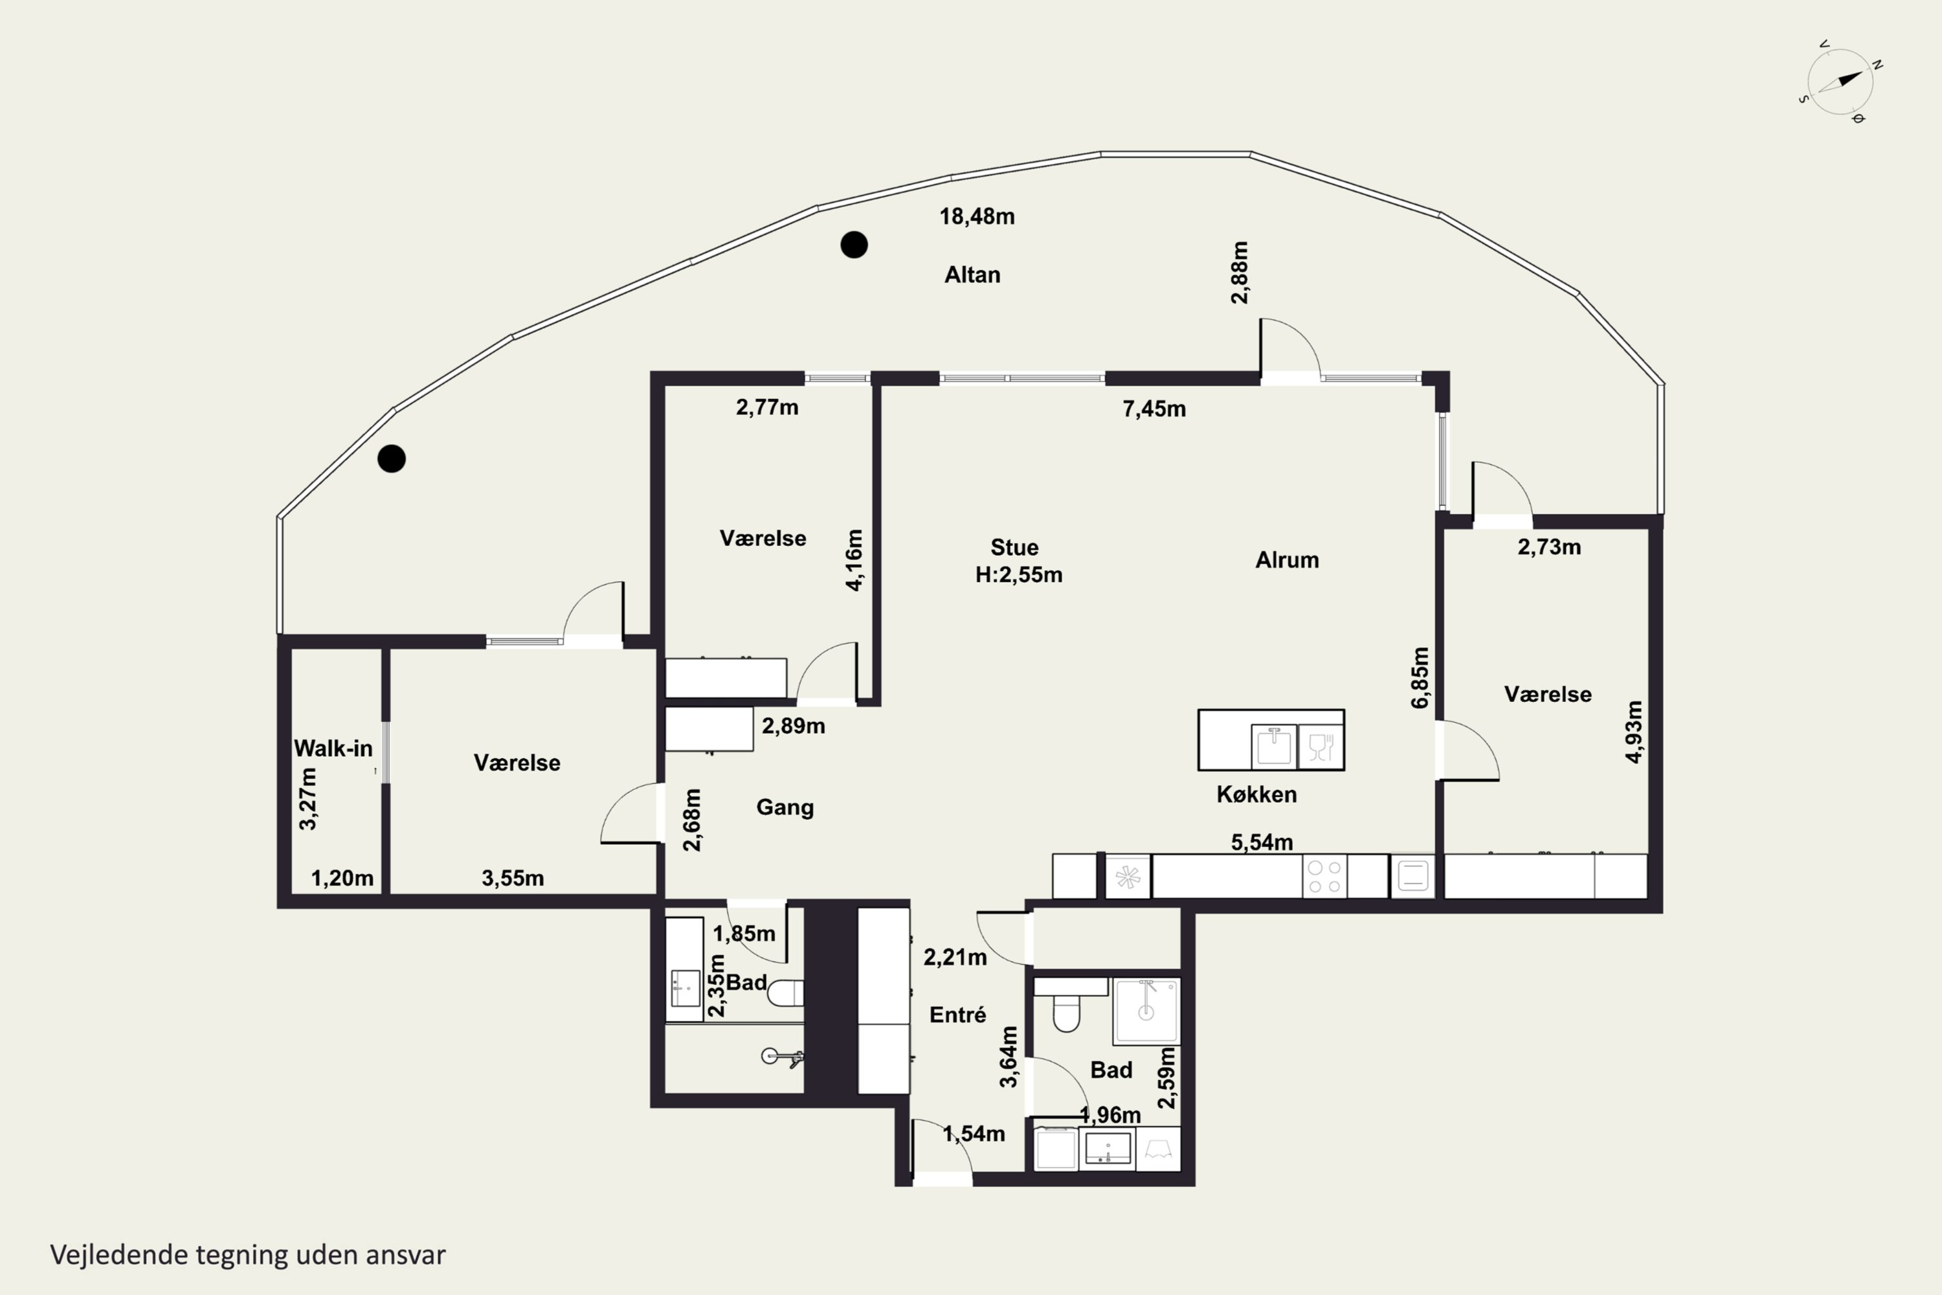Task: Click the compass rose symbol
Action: click(1840, 82)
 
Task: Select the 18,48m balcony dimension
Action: click(977, 216)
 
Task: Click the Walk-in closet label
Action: click(333, 749)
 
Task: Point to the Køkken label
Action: click(1256, 794)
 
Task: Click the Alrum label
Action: click(1288, 560)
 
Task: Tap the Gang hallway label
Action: click(785, 807)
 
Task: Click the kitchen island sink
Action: click(1274, 747)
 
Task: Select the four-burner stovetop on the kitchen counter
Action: click(1324, 876)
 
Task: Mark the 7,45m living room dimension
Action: click(1154, 409)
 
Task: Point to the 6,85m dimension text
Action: click(1420, 677)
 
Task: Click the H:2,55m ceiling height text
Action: click(1019, 575)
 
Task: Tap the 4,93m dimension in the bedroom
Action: click(1633, 732)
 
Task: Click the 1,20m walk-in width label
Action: click(342, 879)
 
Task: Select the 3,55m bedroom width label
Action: click(513, 879)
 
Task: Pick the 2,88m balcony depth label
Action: click(1240, 273)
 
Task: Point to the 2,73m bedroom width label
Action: click(1549, 546)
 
